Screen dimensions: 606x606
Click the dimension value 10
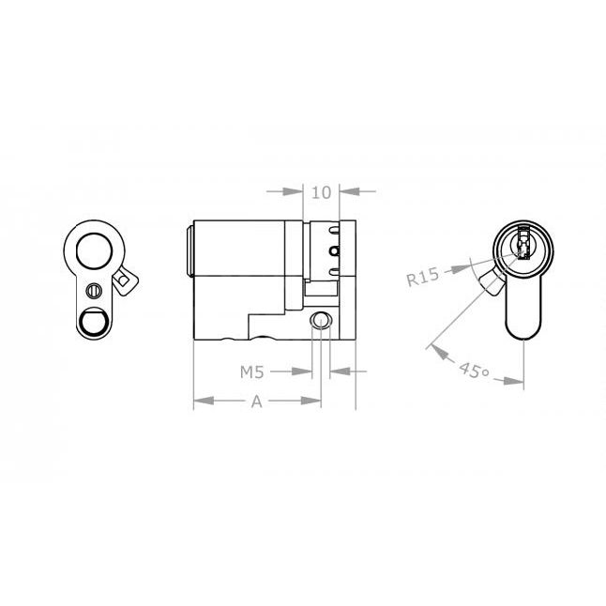tap(321, 192)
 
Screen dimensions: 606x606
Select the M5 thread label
tap(250, 372)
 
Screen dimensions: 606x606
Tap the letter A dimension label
tap(255, 401)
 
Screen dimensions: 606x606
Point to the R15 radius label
tap(422, 278)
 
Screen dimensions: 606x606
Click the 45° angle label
tap(473, 371)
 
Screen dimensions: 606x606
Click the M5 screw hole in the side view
tap(322, 321)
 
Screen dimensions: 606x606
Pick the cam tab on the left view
tap(125, 279)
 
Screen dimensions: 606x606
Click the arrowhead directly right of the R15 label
tap(460, 269)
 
